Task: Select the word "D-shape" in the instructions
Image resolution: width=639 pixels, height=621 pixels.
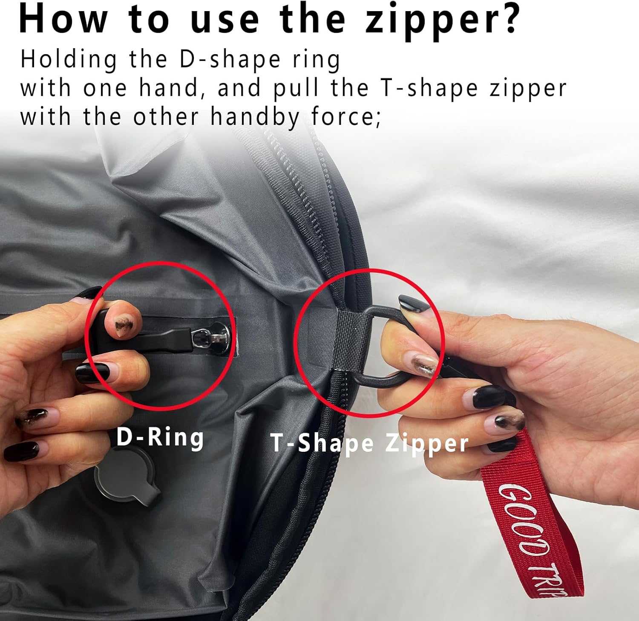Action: click(229, 60)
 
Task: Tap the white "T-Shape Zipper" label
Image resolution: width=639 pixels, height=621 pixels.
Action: click(370, 443)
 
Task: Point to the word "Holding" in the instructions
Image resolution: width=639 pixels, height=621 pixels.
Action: click(69, 60)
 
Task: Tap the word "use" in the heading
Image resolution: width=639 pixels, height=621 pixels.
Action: click(225, 20)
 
